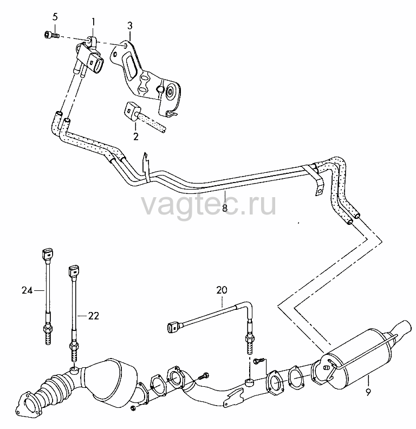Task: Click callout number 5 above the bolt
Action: (55, 17)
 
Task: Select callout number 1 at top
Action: (93, 21)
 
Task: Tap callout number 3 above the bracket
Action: (129, 25)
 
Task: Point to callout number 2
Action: (136, 136)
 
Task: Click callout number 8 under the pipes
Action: (225, 207)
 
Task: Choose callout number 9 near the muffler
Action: (368, 392)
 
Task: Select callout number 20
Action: (222, 290)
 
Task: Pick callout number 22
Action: (93, 316)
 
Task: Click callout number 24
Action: (28, 290)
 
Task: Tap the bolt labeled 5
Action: (51, 35)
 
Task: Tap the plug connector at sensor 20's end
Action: (173, 327)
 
